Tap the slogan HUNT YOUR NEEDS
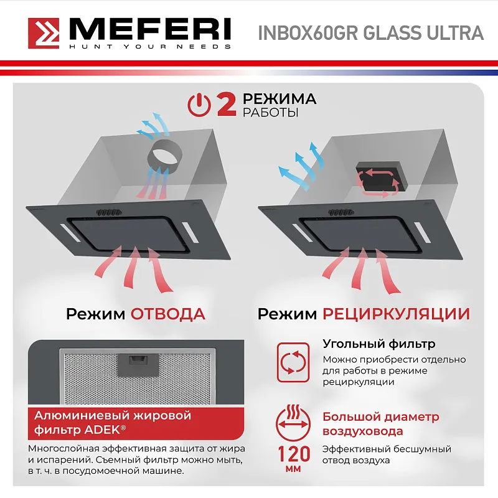click(149, 47)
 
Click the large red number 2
click(225, 105)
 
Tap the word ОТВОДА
click(167, 313)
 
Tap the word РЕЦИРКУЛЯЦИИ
click(396, 313)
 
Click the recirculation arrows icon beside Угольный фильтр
click(293, 363)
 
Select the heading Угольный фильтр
click(378, 344)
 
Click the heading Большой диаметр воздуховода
click(380, 424)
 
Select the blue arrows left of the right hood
click(298, 166)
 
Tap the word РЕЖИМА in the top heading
click(280, 99)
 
